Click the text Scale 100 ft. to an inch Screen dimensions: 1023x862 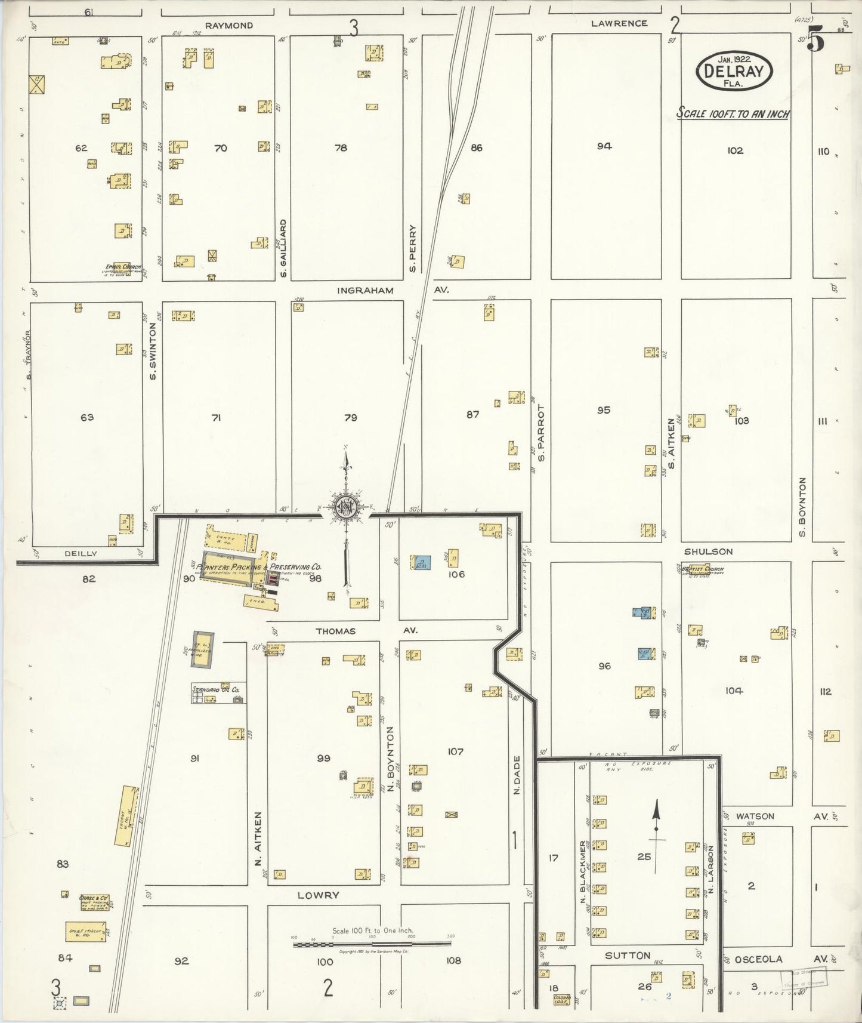(x=733, y=113)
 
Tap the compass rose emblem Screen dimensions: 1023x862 (x=345, y=508)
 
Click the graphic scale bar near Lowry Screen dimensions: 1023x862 (x=372, y=944)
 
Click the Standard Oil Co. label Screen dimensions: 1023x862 (x=215, y=689)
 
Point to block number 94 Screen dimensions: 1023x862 (x=604, y=146)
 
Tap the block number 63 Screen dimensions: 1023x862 (x=87, y=417)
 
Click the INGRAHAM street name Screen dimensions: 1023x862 (x=365, y=291)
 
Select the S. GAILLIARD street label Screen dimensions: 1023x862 (x=283, y=248)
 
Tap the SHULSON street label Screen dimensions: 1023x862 (x=708, y=551)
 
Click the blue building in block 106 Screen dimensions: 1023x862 (x=422, y=563)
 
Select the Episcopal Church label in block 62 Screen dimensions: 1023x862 (x=123, y=267)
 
